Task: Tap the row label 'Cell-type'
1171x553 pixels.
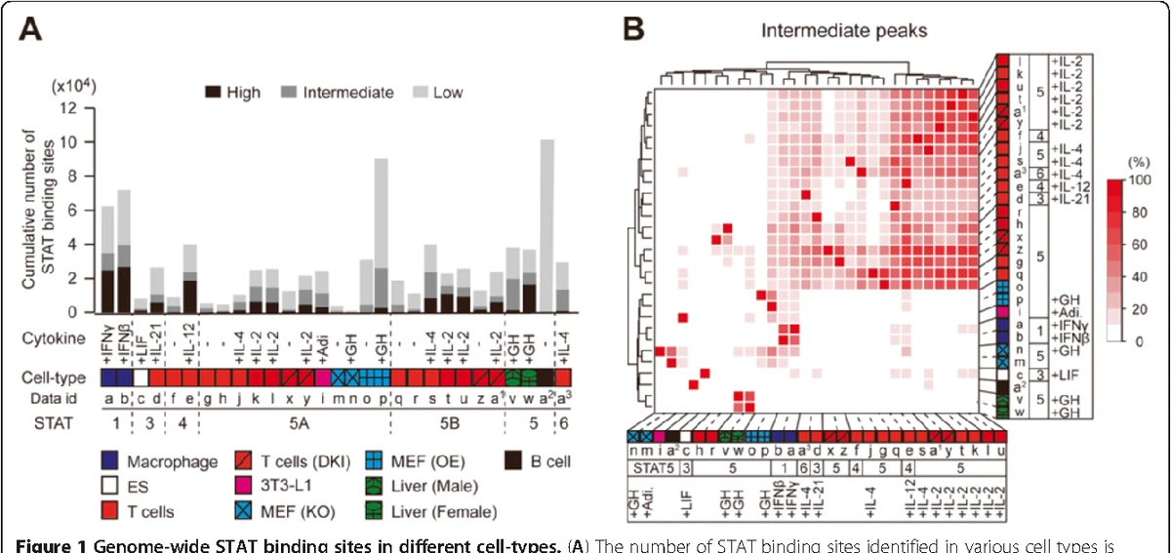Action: coord(51,376)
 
